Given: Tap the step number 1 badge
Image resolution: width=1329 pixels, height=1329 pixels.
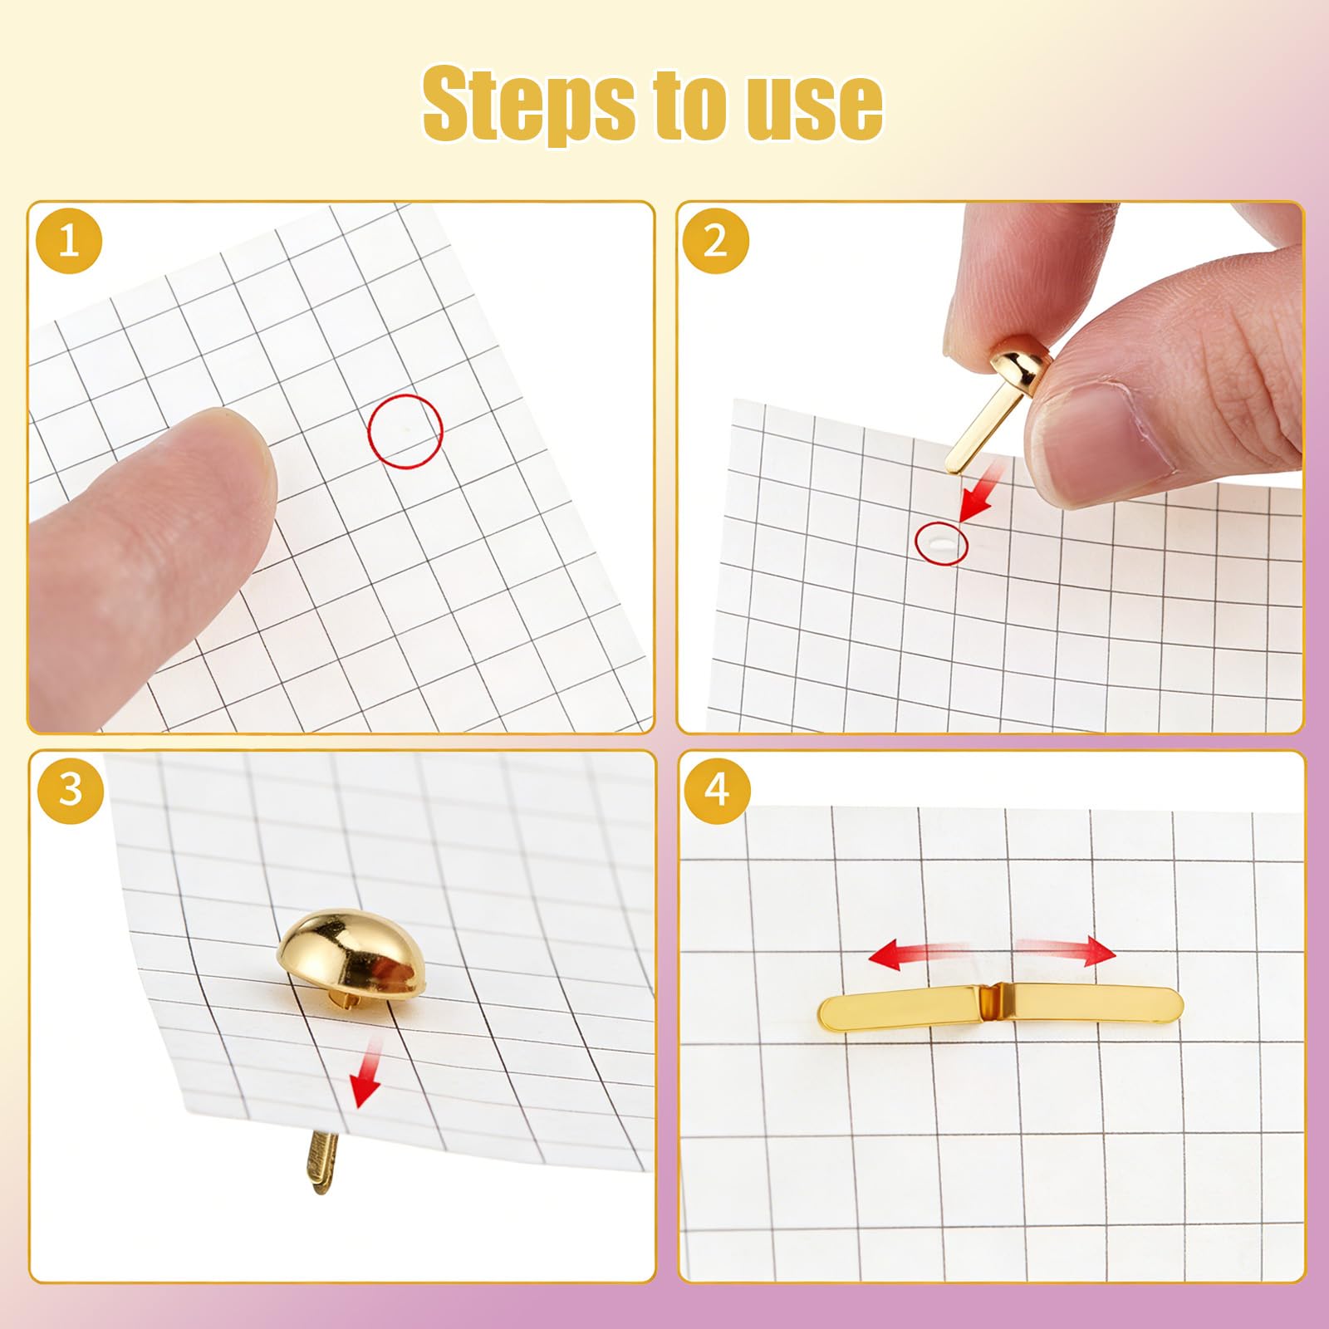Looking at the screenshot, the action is [69, 241].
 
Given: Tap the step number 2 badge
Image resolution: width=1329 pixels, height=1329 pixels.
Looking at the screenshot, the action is [715, 241].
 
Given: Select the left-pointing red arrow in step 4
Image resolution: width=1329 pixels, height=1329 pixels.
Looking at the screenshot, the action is [918, 954].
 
